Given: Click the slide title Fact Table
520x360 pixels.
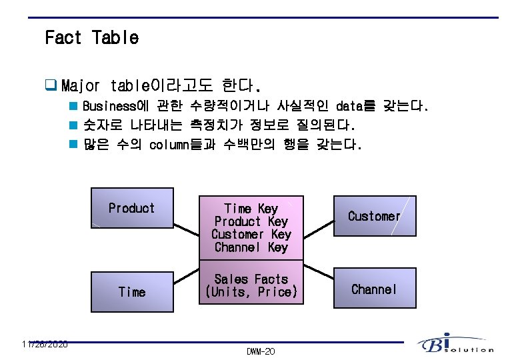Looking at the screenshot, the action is (91, 37).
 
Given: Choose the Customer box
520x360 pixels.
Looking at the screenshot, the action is (374, 216).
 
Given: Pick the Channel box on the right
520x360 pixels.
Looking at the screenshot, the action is (374, 289).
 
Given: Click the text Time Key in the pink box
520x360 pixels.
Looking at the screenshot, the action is (251, 209).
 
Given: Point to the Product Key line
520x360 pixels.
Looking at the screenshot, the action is (251, 221).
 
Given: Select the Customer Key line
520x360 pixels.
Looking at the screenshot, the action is (251, 234).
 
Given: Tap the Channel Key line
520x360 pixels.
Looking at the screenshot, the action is (251, 247).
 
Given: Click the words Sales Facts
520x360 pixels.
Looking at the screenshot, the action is (251, 279).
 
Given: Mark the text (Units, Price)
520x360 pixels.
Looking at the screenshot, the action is (251, 292).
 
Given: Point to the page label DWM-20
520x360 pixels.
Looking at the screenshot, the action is (260, 351).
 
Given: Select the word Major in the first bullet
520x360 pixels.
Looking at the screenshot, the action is (80, 87).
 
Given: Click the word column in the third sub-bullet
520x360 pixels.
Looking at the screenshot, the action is (171, 145).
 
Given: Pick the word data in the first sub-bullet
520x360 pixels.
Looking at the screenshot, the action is (349, 107).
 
